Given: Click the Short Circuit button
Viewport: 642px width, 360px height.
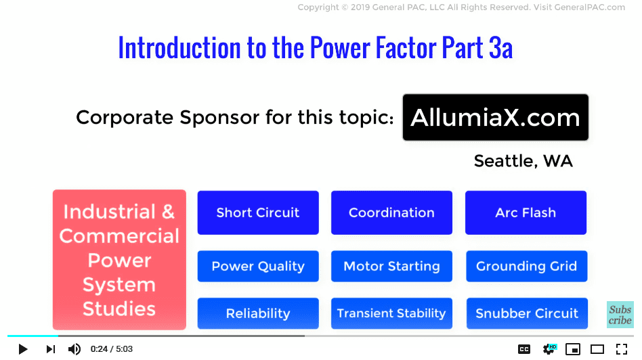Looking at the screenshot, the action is click(x=258, y=212).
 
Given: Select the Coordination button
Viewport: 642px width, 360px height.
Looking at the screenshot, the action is click(x=392, y=212).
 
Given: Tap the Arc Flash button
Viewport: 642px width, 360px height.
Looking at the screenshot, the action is click(x=526, y=212).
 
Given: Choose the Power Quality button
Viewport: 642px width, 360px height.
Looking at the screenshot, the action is click(x=258, y=267).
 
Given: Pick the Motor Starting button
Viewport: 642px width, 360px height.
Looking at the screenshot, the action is click(x=392, y=267).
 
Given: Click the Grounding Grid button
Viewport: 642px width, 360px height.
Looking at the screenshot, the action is click(x=527, y=267).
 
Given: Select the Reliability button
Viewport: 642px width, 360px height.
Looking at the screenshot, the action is click(x=258, y=313).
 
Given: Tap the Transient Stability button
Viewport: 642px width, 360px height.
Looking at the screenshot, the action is click(x=392, y=313).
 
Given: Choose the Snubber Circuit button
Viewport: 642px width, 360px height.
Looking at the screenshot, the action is click(x=527, y=313).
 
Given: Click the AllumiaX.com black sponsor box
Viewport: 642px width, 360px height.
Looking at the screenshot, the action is click(x=496, y=118).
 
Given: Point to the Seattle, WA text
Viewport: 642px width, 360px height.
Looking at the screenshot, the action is click(x=523, y=161).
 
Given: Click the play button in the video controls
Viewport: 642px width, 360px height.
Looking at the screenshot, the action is click(x=23, y=349).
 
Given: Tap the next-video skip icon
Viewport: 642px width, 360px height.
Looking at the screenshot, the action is click(x=50, y=349).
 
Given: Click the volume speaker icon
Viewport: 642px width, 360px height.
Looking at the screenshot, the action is click(x=74, y=349).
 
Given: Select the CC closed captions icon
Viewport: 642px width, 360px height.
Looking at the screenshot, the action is click(x=524, y=349).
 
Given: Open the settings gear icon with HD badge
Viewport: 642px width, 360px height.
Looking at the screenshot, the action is click(x=549, y=349).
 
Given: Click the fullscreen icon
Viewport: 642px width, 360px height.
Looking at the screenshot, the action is click(x=622, y=349).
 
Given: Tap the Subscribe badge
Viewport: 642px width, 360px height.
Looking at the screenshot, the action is click(x=620, y=315).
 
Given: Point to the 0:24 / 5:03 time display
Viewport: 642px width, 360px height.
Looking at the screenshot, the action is click(x=111, y=349).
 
